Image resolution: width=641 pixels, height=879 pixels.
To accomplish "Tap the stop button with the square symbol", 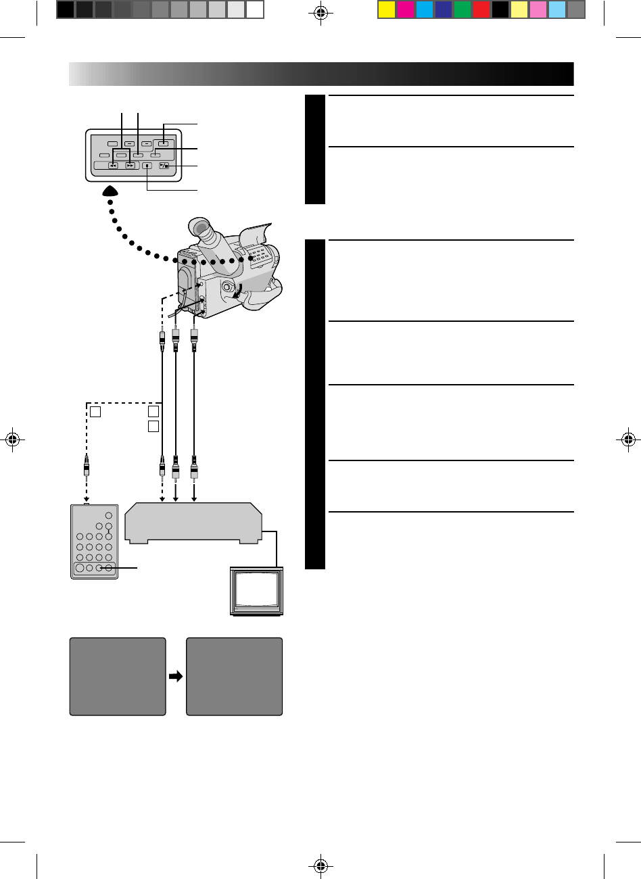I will coord(147,166).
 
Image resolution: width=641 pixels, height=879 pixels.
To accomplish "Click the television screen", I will coord(255,588).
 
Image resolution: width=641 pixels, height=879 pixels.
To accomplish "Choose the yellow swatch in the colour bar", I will coord(386,9).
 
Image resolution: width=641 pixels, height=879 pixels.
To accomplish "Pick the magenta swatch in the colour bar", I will coord(405,9).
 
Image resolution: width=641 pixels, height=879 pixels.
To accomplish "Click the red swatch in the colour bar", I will coord(481,9).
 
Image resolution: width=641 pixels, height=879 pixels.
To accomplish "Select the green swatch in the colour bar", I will coord(462,9).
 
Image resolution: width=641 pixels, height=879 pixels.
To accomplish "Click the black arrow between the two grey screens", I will coord(176,676).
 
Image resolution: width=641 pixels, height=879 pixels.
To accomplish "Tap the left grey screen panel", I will coord(118,676).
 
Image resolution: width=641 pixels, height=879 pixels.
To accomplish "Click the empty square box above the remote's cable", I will coord(95,411).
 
